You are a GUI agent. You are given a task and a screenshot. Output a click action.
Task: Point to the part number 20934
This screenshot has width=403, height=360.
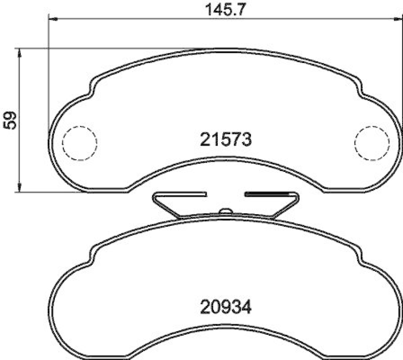(225, 306)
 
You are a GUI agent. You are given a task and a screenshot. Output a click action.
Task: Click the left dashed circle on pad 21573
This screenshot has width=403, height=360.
(79, 142)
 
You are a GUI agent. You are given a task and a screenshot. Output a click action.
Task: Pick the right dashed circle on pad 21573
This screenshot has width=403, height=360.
(372, 142)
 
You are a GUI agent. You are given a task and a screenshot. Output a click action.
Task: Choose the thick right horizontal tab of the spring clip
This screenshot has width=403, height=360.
(267, 193)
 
